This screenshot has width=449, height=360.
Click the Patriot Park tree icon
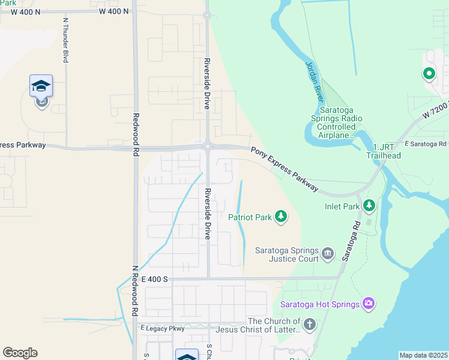tap(280, 217)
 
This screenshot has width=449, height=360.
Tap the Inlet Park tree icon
tap(369, 206)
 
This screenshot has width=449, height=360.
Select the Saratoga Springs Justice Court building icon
tap(328, 254)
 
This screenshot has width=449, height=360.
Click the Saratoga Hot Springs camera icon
tap(369, 304)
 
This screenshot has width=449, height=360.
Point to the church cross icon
tap(309, 325)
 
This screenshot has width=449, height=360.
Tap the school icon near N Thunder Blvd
tap(41, 88)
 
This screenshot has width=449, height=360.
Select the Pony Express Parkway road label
tap(285, 169)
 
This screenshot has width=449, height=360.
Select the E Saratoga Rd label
tap(426, 143)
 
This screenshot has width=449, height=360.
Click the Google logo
tap(20, 352)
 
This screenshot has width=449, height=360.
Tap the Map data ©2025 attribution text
tap(423, 355)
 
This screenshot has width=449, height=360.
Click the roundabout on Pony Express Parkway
tap(207, 145)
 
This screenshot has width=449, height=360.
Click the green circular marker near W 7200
tap(429, 74)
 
